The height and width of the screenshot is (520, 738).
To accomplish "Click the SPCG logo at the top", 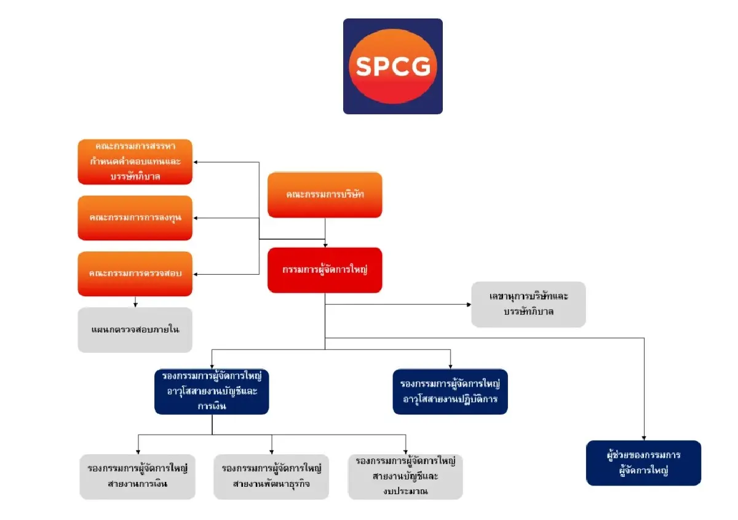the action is tap(393, 66).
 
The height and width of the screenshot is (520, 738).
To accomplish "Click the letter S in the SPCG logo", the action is tap(365, 66).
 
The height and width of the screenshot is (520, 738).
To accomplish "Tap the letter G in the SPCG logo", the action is tap(420, 66).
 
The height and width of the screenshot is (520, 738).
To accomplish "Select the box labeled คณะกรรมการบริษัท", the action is tap(325, 195).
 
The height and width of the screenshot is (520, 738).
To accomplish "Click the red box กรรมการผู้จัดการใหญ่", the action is tap(325, 270).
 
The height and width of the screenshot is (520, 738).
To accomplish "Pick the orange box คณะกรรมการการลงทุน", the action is tap(135, 218).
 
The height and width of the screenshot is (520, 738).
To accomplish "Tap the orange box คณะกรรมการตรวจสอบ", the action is tap(135, 274).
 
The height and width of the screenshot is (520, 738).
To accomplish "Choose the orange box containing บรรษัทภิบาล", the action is tap(135, 162).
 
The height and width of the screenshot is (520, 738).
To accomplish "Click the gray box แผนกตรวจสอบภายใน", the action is tap(135, 329).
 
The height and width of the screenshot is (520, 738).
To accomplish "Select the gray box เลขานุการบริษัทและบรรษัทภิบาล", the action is tap(528, 304).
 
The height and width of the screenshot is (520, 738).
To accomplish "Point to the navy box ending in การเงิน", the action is tap(212, 392).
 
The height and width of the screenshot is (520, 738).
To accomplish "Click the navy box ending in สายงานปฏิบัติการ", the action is tap(450, 392).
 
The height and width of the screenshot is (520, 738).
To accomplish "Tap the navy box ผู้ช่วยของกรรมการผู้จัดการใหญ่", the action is tap(643, 463).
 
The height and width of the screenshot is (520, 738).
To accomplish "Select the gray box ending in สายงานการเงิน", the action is tap(137, 476).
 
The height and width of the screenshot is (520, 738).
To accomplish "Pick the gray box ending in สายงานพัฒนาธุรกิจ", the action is tap(271, 476).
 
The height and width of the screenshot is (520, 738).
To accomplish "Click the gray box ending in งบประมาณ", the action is tap(405, 476).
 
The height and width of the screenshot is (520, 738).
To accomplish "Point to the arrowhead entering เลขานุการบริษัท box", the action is tap(469, 304).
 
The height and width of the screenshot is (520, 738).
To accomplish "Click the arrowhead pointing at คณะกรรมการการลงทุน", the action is tap(196, 218).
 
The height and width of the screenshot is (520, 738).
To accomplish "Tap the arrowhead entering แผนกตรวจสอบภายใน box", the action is tap(135, 305).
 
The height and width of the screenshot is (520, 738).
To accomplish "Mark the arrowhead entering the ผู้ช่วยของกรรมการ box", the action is tap(644, 438).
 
